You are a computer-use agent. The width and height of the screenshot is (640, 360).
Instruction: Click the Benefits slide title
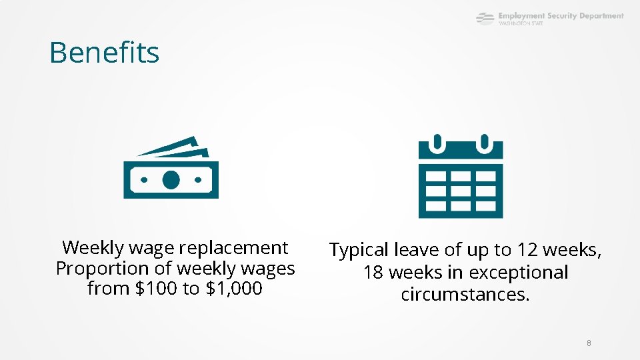[x=104, y=53]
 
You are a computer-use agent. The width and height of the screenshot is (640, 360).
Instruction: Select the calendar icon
[x=461, y=177]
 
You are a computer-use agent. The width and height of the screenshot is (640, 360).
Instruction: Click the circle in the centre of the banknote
[x=171, y=179]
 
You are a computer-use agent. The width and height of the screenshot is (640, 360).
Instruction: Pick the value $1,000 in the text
[x=233, y=289]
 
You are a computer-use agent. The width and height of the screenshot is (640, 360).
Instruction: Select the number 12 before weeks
[x=527, y=250]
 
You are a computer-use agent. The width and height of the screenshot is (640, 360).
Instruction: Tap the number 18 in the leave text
[x=373, y=272]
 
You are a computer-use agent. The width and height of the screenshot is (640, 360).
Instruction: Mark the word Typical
[x=359, y=250]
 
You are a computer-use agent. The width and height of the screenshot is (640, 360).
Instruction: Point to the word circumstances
[x=465, y=294]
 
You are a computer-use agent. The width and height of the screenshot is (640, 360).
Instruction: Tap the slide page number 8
[x=589, y=343]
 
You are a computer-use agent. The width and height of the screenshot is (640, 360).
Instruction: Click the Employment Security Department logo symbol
[x=485, y=19]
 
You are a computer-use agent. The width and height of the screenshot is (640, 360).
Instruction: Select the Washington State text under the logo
[x=521, y=23]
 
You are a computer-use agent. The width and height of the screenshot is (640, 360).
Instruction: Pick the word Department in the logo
[x=601, y=15]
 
